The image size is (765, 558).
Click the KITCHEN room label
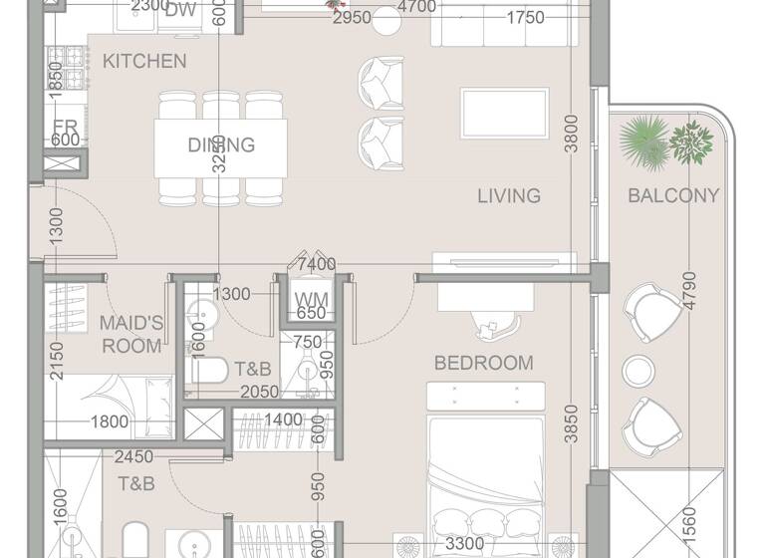click(x=144, y=61)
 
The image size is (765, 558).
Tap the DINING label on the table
click(x=221, y=144)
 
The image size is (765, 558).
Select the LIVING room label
click(x=508, y=195)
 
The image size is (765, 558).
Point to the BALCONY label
click(x=673, y=195)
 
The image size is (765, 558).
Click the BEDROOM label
click(x=483, y=363)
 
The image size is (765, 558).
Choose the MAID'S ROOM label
click(x=130, y=334)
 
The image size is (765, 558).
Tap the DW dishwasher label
click(x=180, y=11)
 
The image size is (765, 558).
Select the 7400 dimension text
click(x=317, y=264)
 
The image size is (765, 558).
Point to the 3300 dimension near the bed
click(x=465, y=544)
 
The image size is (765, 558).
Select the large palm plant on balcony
click(x=643, y=140)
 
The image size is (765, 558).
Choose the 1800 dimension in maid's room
click(x=109, y=421)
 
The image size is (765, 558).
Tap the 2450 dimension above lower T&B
click(x=132, y=457)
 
